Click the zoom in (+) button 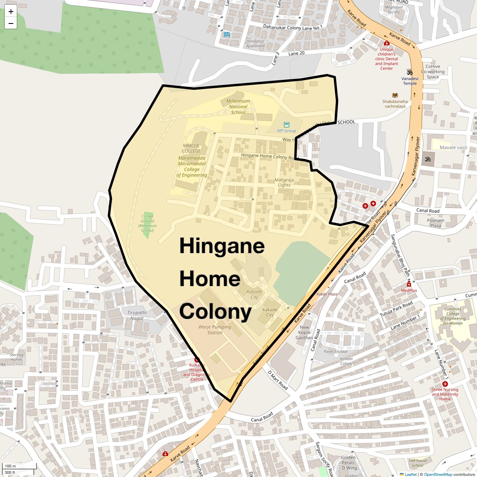pyautogui.click(x=11, y=12)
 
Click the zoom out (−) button pyautogui.click(x=11, y=23)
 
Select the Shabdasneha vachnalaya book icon pyautogui.click(x=395, y=95)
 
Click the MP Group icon pyautogui.click(x=287, y=125)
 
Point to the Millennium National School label pyautogui.click(x=238, y=107)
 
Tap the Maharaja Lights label pyautogui.click(x=284, y=182)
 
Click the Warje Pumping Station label pyautogui.click(x=215, y=330)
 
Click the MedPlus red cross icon pyautogui.click(x=409, y=284)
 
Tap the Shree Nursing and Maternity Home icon pyautogui.click(x=445, y=384)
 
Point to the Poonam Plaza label pyautogui.click(x=436, y=223)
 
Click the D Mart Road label pyautogui.click(x=278, y=380)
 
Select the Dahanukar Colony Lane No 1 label pyautogui.click(x=293, y=26)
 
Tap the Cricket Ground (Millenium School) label pyautogui.click(x=147, y=223)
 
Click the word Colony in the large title pyautogui.click(x=215, y=312)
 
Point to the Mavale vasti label pyautogui.click(x=453, y=147)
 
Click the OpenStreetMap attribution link pyautogui.click(x=438, y=474)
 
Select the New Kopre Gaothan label pyautogui.click(x=304, y=332)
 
